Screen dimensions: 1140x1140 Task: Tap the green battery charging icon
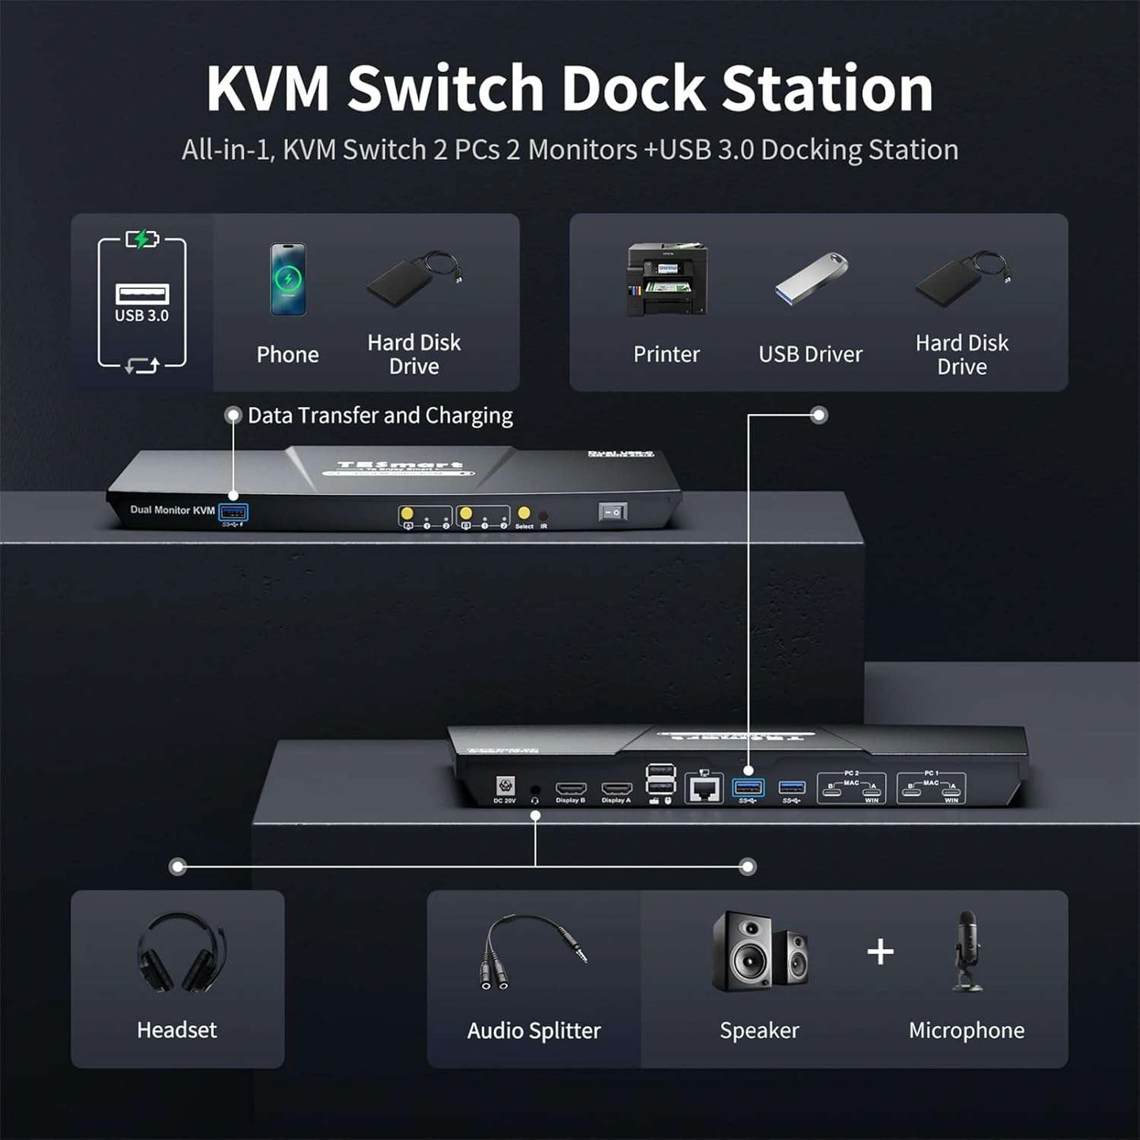tap(142, 238)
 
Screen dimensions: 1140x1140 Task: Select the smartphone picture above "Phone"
tap(288, 279)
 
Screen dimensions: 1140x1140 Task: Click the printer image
tap(667, 280)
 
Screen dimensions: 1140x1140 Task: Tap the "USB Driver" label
tap(810, 354)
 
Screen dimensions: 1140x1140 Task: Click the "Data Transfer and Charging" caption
tap(380, 416)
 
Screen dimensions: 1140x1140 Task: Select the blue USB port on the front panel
tap(234, 512)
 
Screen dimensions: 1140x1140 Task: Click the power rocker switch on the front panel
tap(613, 512)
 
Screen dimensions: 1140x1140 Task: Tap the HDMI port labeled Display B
tap(571, 788)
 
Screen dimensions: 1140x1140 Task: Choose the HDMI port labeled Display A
tap(617, 788)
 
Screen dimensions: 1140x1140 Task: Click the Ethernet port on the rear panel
tap(705, 788)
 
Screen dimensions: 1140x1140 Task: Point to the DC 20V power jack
tap(505, 786)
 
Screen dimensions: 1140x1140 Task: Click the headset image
tap(180, 952)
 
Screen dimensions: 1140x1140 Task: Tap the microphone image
tap(967, 949)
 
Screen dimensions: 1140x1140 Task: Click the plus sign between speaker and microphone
tap(880, 951)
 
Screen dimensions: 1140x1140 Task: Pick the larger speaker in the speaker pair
tap(742, 951)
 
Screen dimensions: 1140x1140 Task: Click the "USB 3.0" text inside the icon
tap(142, 315)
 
